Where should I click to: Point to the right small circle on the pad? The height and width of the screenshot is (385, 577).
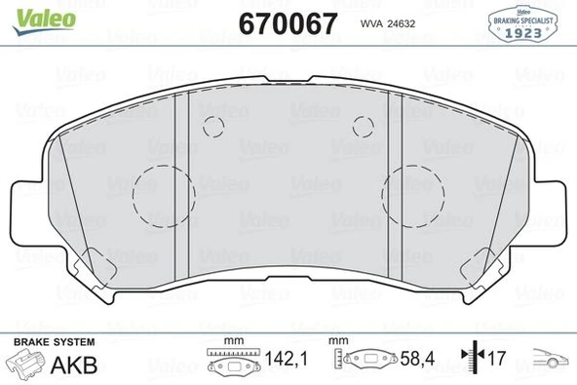[x=364, y=125]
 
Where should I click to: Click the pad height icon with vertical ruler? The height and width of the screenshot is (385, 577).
[x=361, y=360]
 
